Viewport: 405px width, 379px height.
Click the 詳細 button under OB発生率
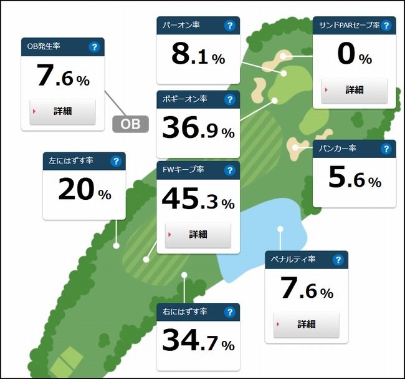pyautogui.click(x=62, y=111)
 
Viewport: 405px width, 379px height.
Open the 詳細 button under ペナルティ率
pyautogui.click(x=306, y=324)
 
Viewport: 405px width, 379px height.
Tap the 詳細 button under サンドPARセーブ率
pyautogui.click(x=354, y=90)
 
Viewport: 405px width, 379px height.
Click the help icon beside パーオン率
pyautogui.click(x=229, y=26)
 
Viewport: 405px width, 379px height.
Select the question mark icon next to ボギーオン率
pyautogui.click(x=229, y=99)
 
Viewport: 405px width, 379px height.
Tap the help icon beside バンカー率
pyautogui.click(x=386, y=149)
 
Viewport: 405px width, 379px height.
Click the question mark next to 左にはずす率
pyautogui.click(x=115, y=161)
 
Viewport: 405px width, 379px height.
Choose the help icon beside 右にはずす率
pyautogui.click(x=229, y=312)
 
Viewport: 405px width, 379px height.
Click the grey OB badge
pyautogui.click(x=130, y=124)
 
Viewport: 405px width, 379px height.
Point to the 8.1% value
pyautogui.click(x=198, y=56)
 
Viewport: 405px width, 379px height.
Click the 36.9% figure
pyautogui.click(x=198, y=129)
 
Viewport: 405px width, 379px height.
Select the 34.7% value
pyautogui.click(x=198, y=342)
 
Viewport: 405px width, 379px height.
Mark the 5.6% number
pyautogui.click(x=354, y=179)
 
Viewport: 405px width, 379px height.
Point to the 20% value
pyautogui.click(x=84, y=191)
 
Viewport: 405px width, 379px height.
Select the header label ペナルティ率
pyautogui.click(x=293, y=260)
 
